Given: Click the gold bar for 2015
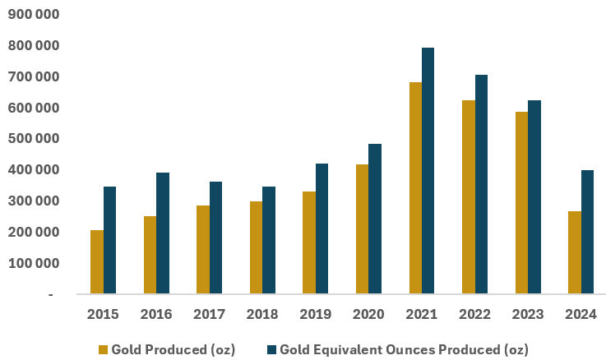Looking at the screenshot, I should coord(97,261).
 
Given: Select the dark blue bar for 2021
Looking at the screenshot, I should coord(428,170).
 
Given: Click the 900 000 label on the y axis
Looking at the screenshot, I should coord(34,15).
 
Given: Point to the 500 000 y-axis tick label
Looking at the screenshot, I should coord(34,139).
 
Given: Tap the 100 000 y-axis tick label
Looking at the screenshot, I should coord(34,263).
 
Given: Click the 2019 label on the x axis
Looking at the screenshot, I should coord(315,314).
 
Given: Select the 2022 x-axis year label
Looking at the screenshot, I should coord(474,314).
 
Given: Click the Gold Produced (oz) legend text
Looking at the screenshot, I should coord(173,349).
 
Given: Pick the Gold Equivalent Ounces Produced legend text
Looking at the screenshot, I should coord(404,349).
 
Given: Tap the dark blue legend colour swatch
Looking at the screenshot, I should coord(271,349).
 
